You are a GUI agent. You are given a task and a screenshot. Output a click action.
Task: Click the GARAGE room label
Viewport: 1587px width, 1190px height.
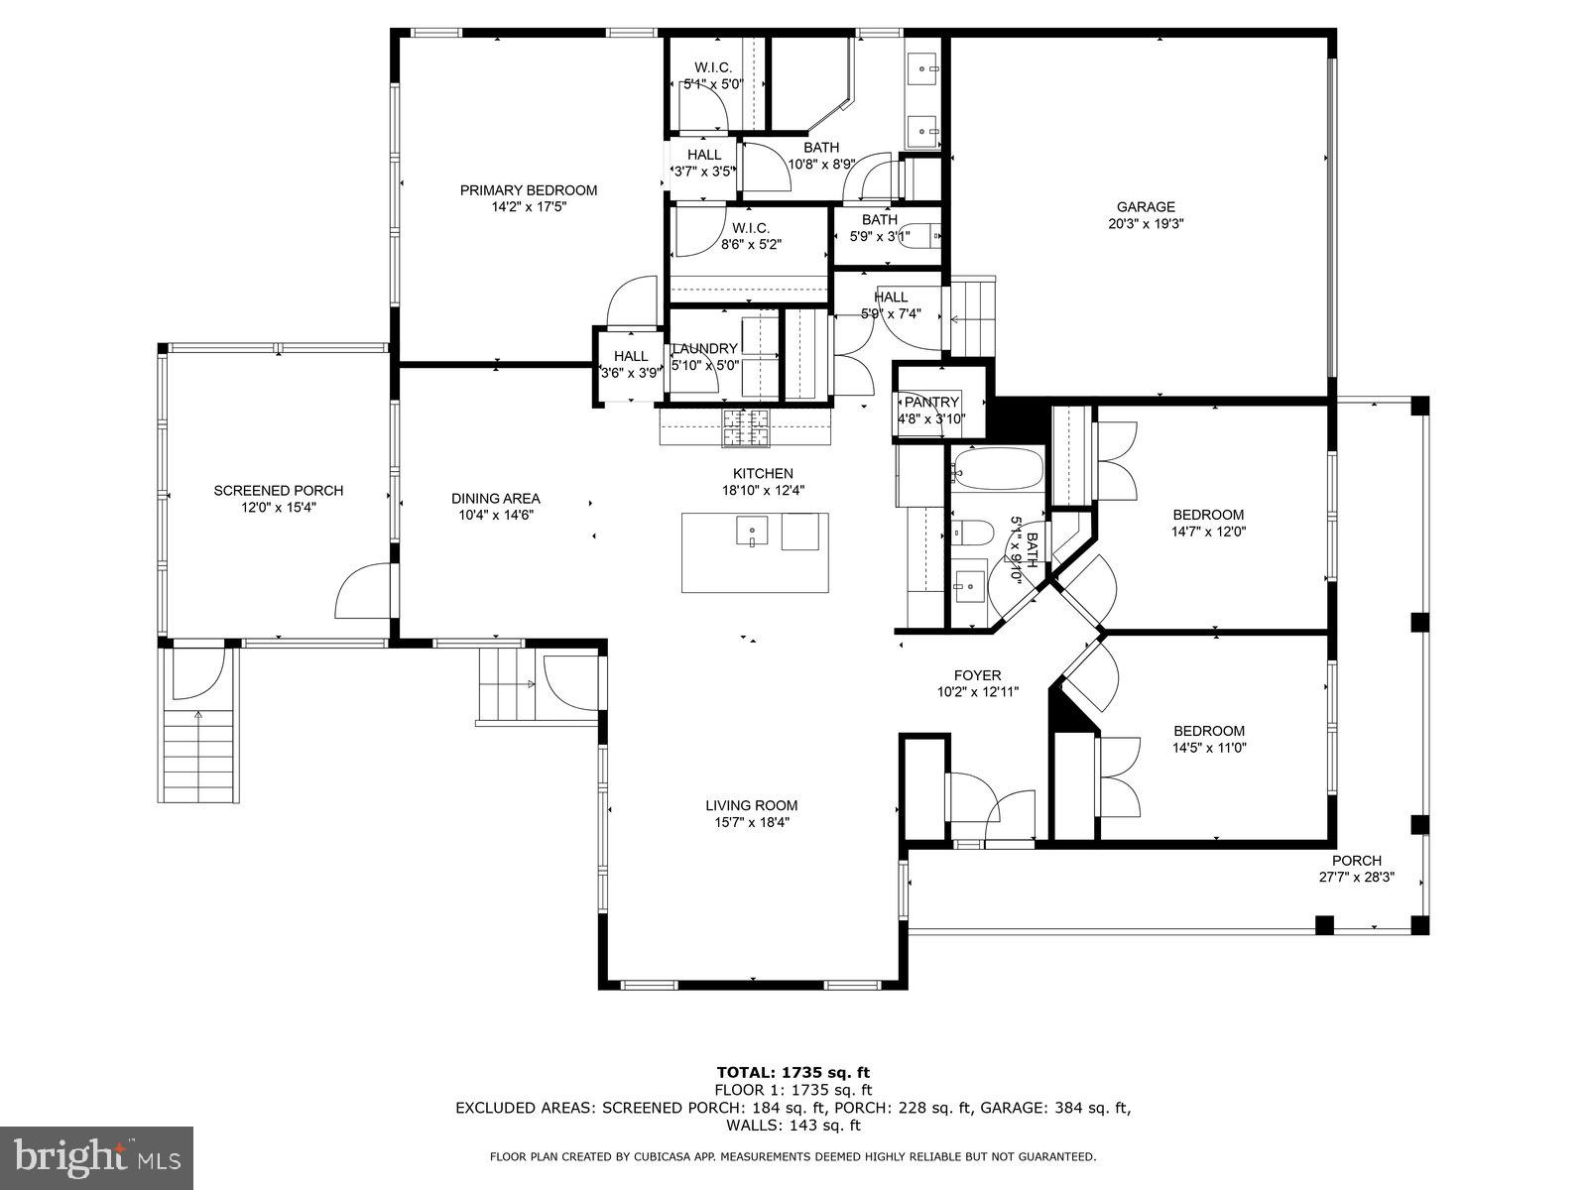1146,207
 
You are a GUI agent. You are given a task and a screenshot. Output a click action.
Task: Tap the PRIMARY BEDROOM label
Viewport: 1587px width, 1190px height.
528,190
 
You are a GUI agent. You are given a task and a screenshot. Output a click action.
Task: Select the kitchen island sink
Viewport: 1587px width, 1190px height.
751,532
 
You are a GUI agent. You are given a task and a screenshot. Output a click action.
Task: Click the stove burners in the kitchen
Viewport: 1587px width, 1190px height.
745,427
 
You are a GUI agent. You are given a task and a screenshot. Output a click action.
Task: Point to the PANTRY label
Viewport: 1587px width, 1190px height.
931,402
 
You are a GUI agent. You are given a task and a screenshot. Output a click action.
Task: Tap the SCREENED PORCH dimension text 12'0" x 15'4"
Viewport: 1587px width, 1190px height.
279,507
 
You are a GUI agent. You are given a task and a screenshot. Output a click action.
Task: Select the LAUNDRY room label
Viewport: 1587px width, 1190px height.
705,348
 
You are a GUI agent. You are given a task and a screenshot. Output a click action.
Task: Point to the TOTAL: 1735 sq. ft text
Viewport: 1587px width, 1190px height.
793,1072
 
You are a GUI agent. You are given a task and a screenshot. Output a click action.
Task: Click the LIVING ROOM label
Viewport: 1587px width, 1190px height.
751,805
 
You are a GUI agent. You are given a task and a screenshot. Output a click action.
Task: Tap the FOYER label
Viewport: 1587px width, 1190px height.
977,675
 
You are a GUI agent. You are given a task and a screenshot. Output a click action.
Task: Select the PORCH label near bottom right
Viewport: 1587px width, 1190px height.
1356,861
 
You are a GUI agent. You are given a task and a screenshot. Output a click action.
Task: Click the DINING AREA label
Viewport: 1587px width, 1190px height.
495,499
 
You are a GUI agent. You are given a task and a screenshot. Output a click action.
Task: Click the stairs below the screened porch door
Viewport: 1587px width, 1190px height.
199,754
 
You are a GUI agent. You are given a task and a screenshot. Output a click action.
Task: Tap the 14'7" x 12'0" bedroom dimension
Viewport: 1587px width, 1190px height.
1208,531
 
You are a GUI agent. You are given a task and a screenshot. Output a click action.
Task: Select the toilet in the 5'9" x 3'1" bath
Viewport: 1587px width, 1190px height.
921,235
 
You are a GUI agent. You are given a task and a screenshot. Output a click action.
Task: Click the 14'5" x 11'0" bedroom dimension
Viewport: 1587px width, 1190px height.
1208,748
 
